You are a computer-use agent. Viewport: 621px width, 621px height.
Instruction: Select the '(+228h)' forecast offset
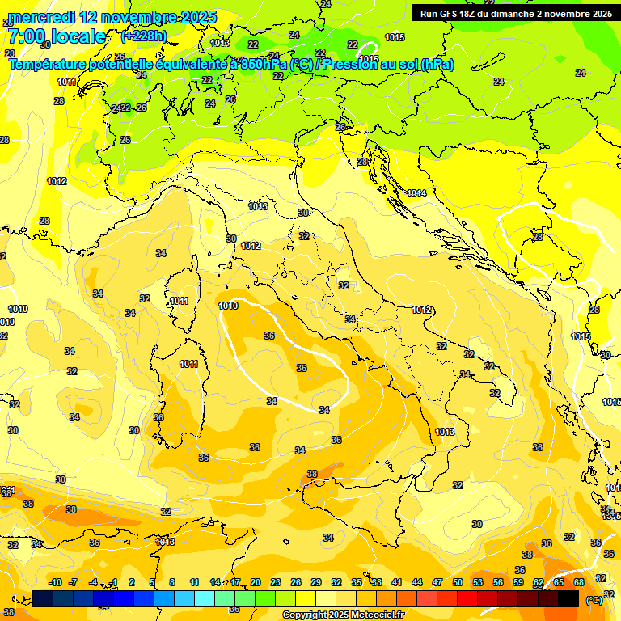pos(144,36)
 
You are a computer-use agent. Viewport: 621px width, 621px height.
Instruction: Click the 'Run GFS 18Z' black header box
pos(513,13)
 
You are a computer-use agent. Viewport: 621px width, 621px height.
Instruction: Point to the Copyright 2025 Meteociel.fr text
pos(344,615)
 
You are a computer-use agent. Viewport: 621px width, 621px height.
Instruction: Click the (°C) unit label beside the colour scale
pos(594,600)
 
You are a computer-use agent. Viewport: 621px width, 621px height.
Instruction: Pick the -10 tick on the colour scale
pos(55,582)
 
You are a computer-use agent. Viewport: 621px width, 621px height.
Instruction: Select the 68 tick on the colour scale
pos(579,582)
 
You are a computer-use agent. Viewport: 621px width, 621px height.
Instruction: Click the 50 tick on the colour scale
pos(458,582)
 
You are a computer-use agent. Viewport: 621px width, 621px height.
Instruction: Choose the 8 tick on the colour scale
pos(172,582)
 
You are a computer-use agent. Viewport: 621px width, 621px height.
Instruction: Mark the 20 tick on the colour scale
pos(256,582)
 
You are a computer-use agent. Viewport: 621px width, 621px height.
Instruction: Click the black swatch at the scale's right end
pos(568,598)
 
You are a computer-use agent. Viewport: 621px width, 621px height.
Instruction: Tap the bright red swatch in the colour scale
pos(467,598)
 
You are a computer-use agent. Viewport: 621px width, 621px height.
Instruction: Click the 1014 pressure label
pos(416,193)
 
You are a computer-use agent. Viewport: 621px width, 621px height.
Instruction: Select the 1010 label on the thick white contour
pos(228,306)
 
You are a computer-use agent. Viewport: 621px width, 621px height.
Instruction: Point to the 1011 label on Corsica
pos(179,302)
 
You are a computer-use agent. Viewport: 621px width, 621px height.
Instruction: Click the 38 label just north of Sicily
pos(312,474)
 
